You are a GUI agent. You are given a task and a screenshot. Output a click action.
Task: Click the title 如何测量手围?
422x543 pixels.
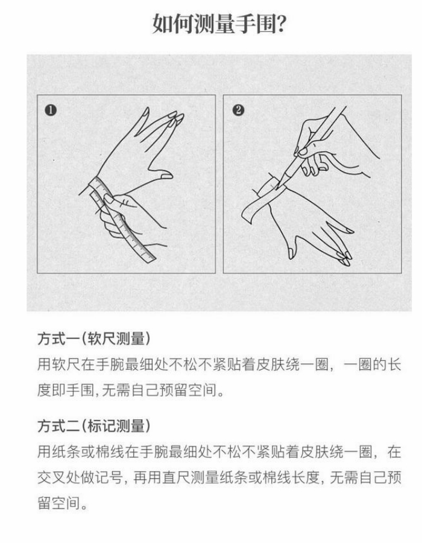[219, 24]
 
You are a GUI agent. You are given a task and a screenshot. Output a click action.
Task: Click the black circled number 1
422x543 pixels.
[51, 110]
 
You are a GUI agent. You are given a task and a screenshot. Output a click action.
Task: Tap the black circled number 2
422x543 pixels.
[238, 110]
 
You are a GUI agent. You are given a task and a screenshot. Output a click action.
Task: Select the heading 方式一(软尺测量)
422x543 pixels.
[94, 338]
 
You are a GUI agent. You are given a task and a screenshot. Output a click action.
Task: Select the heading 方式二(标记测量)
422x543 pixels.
[94, 425]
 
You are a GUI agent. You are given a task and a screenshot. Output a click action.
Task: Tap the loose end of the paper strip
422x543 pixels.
[247, 212]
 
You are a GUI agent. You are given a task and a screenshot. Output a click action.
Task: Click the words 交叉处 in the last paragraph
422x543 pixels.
[59, 478]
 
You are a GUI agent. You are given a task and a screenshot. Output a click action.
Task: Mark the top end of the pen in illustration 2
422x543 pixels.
[341, 108]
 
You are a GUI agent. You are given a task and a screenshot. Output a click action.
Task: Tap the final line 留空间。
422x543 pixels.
[62, 503]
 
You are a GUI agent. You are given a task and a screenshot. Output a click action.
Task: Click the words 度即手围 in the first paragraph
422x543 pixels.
[65, 390]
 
